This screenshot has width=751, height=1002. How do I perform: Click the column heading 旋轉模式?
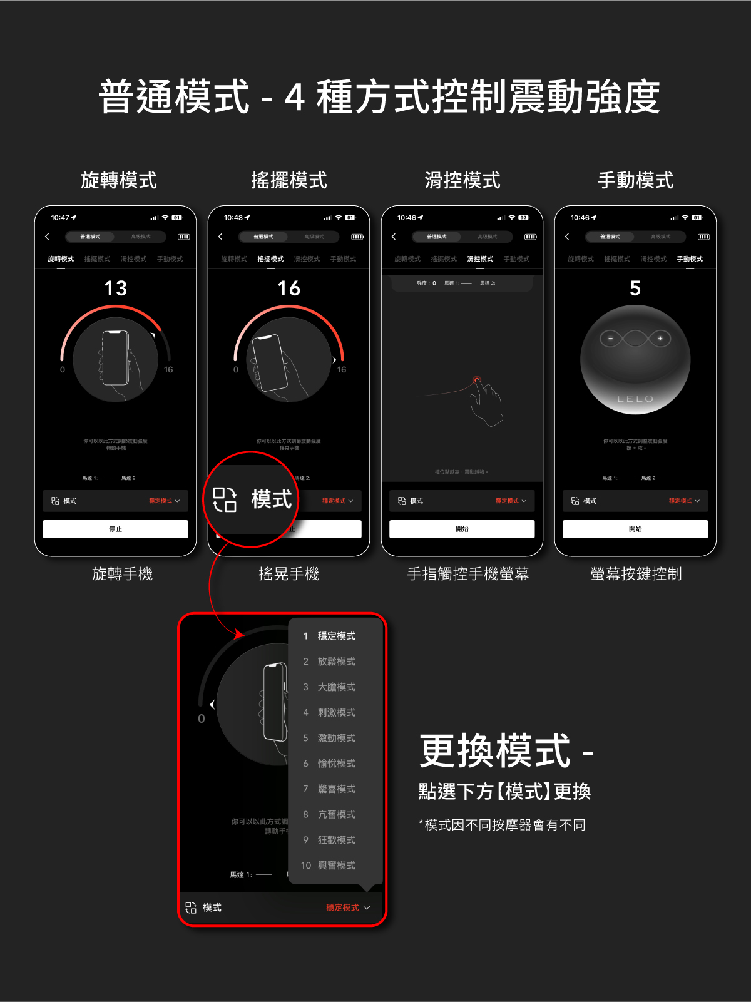pos(119,180)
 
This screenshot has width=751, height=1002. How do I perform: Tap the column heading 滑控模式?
pos(462,180)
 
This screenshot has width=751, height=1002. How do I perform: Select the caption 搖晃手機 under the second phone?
pos(289,573)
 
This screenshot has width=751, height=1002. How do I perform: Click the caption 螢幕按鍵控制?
pos(636,573)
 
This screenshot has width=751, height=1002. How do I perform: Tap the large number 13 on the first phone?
pos(116,288)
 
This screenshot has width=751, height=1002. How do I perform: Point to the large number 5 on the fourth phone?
pos(635,288)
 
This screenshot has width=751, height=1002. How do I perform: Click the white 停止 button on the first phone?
pos(115,529)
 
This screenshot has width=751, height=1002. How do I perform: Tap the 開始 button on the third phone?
pos(462,529)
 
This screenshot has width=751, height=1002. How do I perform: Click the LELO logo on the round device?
pos(635,399)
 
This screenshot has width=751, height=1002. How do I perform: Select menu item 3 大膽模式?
pos(336,687)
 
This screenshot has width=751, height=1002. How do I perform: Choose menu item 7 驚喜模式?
pos(336,789)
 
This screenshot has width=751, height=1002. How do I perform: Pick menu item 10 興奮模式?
pos(336,866)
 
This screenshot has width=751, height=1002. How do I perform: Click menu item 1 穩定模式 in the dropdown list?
pos(336,636)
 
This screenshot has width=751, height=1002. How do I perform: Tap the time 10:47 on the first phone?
pos(61,218)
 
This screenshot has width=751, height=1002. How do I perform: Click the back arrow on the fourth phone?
pos(567,237)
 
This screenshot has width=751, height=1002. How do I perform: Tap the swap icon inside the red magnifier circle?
pos(225,499)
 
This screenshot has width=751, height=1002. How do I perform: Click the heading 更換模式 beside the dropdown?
pos(495,751)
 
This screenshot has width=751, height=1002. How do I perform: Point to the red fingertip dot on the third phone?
pos(477,379)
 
